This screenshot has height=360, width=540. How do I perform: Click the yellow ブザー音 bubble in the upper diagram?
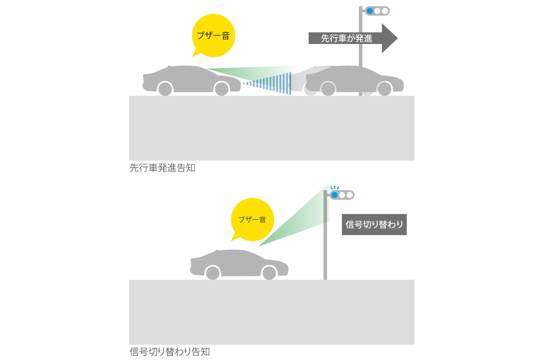coord(213,36)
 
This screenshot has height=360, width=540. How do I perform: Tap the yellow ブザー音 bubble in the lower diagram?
coord(252,219)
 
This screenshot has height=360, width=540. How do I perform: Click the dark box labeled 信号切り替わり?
coord(374,225)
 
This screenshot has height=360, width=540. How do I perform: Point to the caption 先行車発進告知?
coord(162,169)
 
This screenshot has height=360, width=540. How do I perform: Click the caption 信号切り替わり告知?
coord(169,352)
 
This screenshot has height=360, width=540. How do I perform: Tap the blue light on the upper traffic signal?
coord(369,11)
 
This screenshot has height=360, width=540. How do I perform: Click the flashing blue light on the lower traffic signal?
coord(334,195)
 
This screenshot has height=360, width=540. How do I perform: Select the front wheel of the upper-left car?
coord(222,89)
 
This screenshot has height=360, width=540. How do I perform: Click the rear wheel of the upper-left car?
coord(165,89)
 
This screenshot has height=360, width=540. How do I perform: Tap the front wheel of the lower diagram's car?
coord(269,273)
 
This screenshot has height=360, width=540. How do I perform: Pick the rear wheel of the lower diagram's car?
coord(213,273)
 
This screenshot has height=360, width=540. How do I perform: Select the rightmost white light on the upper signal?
coord(385,11)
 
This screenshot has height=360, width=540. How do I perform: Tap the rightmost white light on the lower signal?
coord(349,195)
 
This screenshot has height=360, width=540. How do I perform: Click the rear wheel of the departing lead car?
coord(328,89)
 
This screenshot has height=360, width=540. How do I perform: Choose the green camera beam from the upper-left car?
coord(249,72)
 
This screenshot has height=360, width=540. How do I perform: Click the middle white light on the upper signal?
coord(377,11)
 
